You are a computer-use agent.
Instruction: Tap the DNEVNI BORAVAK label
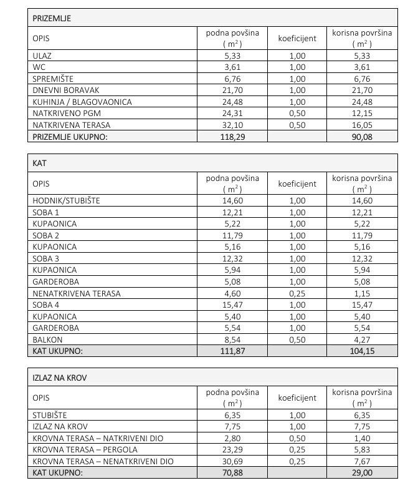click(x=62, y=91)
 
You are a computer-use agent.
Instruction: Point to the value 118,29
click(x=232, y=137)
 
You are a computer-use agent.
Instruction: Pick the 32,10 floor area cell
click(x=232, y=125)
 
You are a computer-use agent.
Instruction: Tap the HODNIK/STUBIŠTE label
click(x=66, y=201)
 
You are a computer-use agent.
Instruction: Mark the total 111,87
click(x=232, y=351)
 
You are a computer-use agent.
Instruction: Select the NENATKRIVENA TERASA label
click(x=77, y=293)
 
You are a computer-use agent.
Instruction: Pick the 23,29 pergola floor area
click(x=232, y=450)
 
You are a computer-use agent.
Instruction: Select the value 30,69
click(x=232, y=462)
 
